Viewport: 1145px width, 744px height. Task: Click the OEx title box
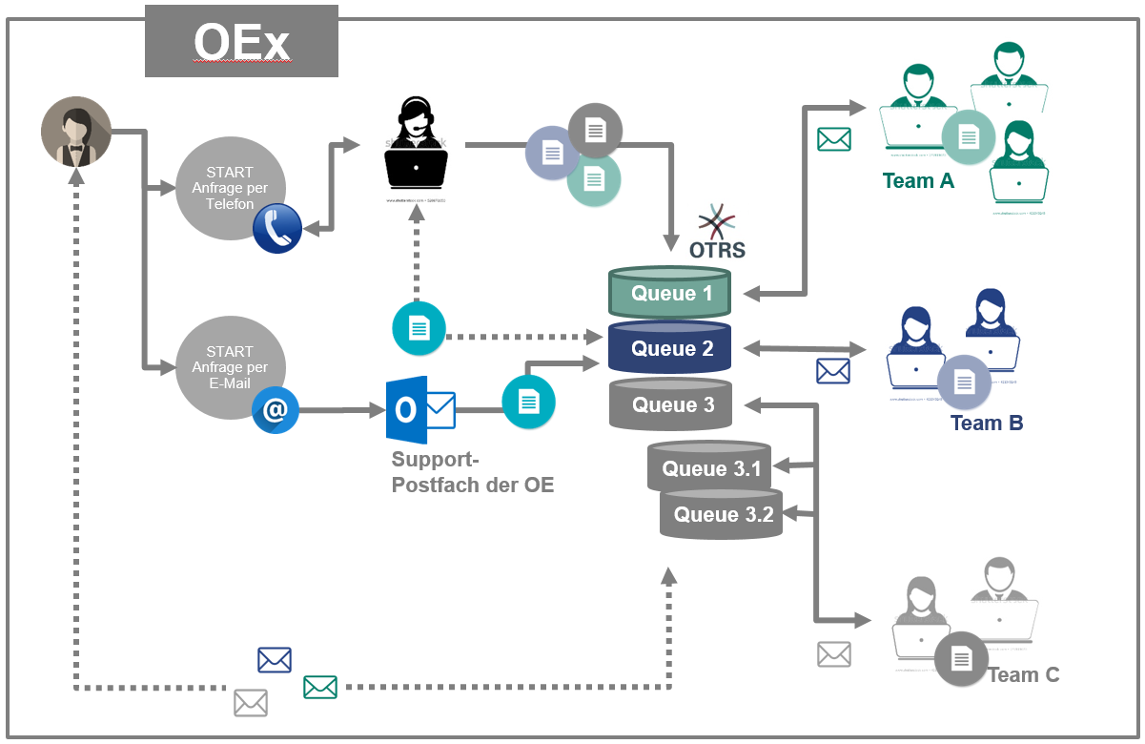tap(241, 41)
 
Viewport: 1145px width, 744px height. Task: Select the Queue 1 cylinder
tap(670, 293)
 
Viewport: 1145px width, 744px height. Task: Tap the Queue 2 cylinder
tap(670, 348)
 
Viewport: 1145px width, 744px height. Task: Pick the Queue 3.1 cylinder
tap(710, 468)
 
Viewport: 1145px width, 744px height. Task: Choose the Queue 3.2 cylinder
tap(722, 514)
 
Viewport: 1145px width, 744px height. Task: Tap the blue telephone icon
tap(277, 229)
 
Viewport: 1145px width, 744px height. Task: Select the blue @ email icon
tap(276, 410)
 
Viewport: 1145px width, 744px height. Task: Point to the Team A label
tap(918, 181)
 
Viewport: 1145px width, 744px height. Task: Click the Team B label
tap(987, 423)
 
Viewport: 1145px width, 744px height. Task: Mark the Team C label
tap(1024, 674)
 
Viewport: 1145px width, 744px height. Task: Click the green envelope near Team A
tap(834, 139)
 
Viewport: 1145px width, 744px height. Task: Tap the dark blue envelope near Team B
tap(833, 370)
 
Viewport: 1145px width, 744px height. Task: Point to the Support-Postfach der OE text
tap(472, 471)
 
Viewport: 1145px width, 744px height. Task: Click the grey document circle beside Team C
tap(961, 657)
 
